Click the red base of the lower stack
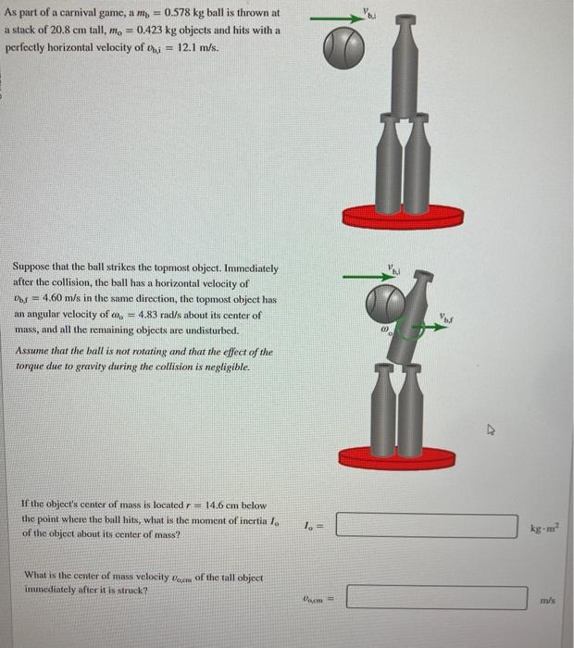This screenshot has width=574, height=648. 399,456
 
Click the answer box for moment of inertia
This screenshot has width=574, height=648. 427,527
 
